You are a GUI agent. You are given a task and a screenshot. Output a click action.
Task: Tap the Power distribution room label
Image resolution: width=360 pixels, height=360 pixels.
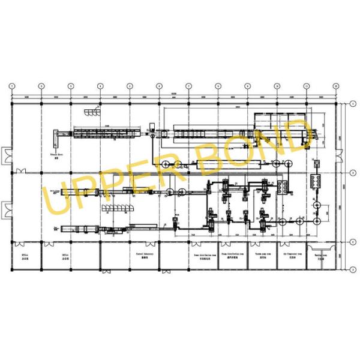click(x=205, y=254)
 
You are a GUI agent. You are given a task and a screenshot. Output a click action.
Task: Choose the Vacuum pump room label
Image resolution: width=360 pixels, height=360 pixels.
click(x=262, y=254)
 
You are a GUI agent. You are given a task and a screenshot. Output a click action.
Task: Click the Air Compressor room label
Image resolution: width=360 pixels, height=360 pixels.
click(x=291, y=254)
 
